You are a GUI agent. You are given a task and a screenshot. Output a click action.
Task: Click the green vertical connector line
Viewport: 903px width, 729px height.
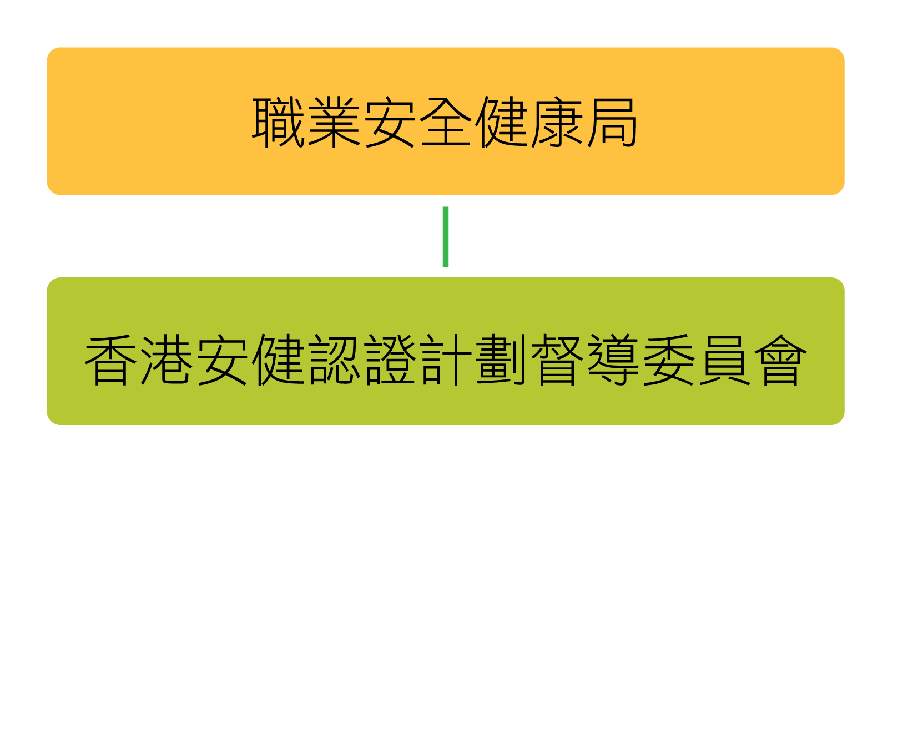(445, 236)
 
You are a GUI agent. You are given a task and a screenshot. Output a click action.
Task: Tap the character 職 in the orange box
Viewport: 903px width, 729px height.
(278, 122)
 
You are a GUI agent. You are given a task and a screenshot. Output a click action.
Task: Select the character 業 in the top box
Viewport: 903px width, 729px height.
(334, 122)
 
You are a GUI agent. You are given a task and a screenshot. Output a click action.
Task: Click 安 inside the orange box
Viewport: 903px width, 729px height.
(390, 122)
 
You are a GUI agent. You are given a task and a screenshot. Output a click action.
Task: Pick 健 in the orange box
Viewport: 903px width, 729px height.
(501, 122)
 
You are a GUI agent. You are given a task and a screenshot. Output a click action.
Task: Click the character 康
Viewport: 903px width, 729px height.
(557, 122)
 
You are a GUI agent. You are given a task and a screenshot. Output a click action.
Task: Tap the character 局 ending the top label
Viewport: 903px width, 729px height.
(612, 122)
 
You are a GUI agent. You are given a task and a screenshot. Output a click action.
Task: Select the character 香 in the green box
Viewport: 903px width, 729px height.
(110, 360)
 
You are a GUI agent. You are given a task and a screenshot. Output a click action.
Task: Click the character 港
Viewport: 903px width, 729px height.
(166, 360)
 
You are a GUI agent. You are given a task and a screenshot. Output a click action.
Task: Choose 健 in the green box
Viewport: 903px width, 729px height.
(278, 360)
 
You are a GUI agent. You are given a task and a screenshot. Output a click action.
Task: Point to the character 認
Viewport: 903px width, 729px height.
(334, 360)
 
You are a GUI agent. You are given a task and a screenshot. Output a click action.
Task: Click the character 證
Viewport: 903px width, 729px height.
(389, 360)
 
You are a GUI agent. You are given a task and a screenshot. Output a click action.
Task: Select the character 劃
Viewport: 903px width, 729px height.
(501, 360)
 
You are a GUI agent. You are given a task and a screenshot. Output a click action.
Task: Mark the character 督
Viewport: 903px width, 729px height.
(557, 360)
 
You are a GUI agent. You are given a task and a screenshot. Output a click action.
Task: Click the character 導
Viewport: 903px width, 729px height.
(612, 360)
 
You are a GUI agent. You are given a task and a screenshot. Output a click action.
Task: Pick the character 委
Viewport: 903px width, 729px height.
(668, 360)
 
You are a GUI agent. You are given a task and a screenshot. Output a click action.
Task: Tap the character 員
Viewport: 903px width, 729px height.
(724, 360)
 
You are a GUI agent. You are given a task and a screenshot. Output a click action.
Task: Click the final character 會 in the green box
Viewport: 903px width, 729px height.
(780, 360)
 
